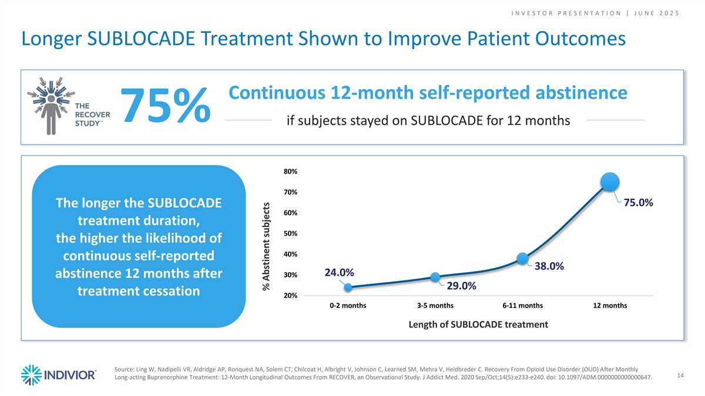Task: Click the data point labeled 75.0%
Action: (610, 182)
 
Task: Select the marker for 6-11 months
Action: (522, 258)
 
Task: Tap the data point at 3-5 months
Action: (435, 276)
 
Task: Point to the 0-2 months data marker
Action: (348, 287)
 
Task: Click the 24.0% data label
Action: (338, 273)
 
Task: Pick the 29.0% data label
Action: (461, 286)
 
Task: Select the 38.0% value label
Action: (549, 266)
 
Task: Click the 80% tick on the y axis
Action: (290, 171)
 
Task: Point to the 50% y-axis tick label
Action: (290, 233)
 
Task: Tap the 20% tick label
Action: (290, 296)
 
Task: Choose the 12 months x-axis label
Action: (610, 306)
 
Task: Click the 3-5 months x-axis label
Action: (435, 306)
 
